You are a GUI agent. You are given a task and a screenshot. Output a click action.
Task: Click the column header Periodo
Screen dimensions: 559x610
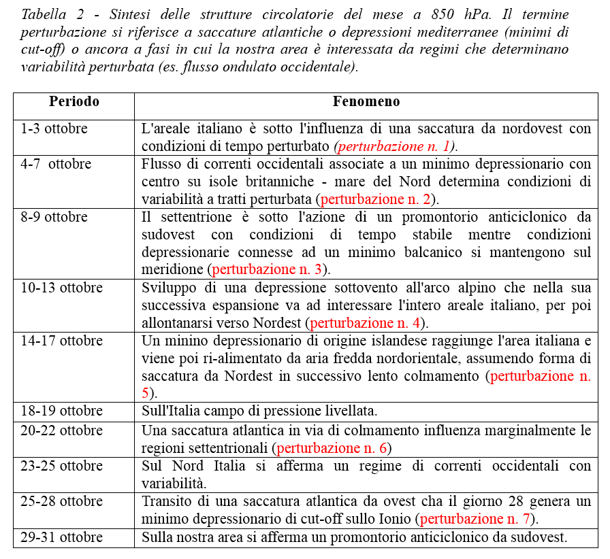click(74, 102)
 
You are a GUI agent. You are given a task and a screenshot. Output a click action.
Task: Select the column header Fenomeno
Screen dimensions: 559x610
click(366, 102)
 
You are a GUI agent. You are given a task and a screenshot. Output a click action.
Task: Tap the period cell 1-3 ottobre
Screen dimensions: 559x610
click(54, 129)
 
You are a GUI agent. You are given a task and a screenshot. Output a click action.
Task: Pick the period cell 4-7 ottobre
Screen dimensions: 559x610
click(56, 164)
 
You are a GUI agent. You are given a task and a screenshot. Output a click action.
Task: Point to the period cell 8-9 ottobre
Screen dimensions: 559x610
click(54, 217)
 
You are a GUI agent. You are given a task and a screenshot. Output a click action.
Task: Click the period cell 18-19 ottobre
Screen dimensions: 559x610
click(61, 411)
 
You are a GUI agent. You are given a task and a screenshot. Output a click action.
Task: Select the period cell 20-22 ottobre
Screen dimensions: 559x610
click(61, 430)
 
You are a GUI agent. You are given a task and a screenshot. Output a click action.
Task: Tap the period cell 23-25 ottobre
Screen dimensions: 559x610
click(61, 466)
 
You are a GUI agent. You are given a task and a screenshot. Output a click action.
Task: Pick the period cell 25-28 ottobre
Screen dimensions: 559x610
click(61, 501)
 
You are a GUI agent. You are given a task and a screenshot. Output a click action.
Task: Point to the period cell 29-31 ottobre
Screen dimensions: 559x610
click(61, 537)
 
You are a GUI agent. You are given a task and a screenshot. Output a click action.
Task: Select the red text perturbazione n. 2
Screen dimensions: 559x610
click(376, 199)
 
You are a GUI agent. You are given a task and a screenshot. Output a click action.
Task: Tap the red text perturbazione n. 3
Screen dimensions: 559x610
click(268, 270)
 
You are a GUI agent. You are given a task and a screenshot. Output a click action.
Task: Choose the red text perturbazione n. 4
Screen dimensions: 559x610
click(366, 323)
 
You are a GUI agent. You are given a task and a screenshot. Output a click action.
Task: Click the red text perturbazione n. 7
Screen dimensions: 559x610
click(475, 519)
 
